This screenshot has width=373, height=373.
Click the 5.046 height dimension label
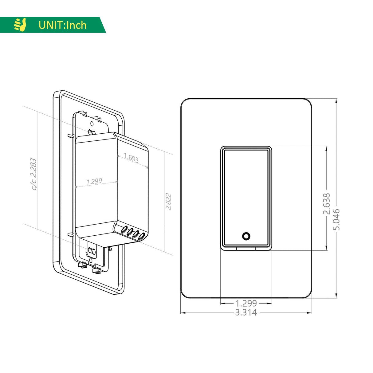[x=336, y=219]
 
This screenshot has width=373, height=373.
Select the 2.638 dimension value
[x=327, y=204]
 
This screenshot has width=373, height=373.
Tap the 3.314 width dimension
[x=246, y=313]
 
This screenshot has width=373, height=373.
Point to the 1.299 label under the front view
[x=246, y=304]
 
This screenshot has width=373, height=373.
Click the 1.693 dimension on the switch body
[x=131, y=158]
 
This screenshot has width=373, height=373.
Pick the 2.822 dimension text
[x=168, y=202]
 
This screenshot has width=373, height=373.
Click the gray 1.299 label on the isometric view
[x=94, y=181]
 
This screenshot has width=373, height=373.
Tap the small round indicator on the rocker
[x=246, y=236]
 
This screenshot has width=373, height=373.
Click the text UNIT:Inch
[x=63, y=25]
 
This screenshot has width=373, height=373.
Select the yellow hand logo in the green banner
[x=20, y=25]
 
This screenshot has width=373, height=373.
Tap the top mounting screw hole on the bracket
[x=92, y=124]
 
